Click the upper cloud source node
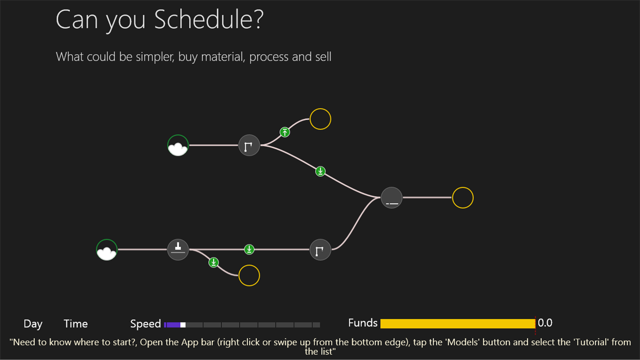coord(178,145)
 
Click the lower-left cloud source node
coord(107,250)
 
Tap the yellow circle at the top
coord(320,119)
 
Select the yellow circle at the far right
coord(463,198)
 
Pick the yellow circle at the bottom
coord(249,275)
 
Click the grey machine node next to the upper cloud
coord(249,145)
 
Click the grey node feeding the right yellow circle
coord(392,198)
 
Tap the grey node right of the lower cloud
coord(178,250)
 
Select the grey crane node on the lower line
coord(320,250)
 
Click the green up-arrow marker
coord(285,132)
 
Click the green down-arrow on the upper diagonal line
coord(320,172)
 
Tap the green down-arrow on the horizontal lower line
coord(249,249)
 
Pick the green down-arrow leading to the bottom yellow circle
coord(214,263)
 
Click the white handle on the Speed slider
coord(183,325)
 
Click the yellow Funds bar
coord(457,323)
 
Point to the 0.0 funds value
coord(545,323)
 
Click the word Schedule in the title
coord(208,21)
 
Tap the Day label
coord(33,324)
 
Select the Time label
coord(75,324)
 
